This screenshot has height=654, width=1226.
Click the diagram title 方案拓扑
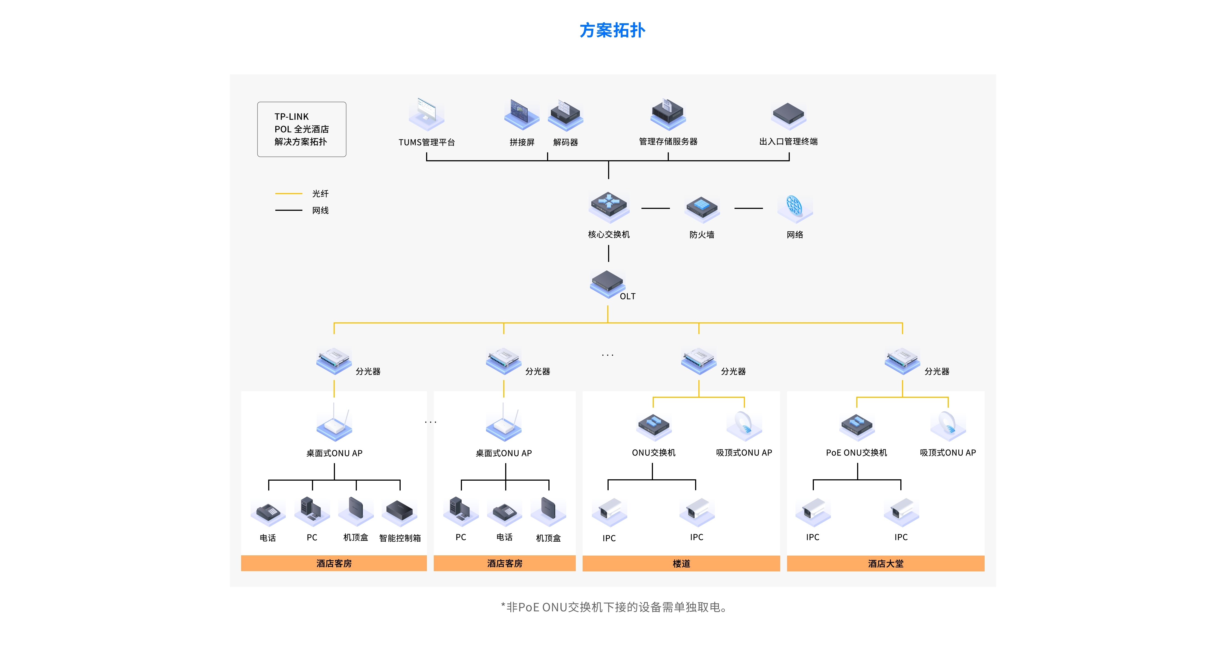pos(612,30)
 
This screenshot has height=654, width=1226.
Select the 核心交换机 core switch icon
pos(609,206)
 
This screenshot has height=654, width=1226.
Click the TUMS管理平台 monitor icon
pos(426,114)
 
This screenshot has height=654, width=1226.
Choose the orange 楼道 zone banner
pos(681,564)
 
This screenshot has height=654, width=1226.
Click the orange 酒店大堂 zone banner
pos(885,564)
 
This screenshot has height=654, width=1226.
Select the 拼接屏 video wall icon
pos(522,114)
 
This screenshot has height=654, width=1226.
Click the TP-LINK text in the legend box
pos(291,116)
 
